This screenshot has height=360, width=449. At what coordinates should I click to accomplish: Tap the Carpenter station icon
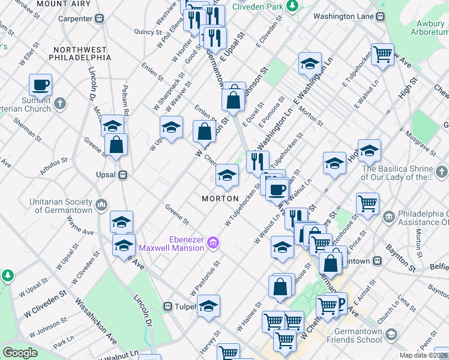(x=100, y=19)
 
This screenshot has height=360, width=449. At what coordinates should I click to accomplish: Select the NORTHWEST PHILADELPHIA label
(x=82, y=53)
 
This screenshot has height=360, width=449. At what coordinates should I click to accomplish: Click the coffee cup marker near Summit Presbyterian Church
(x=40, y=85)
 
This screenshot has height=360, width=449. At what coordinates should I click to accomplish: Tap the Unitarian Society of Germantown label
(x=63, y=206)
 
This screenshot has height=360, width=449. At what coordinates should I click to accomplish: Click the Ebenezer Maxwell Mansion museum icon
(x=212, y=242)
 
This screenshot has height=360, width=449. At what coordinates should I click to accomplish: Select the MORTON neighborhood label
(x=220, y=199)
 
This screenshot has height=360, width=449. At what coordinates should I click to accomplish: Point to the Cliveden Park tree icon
(x=292, y=6)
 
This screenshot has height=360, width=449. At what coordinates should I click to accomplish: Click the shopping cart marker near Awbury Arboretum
(x=382, y=55)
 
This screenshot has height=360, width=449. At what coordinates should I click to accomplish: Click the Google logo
(x=20, y=353)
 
